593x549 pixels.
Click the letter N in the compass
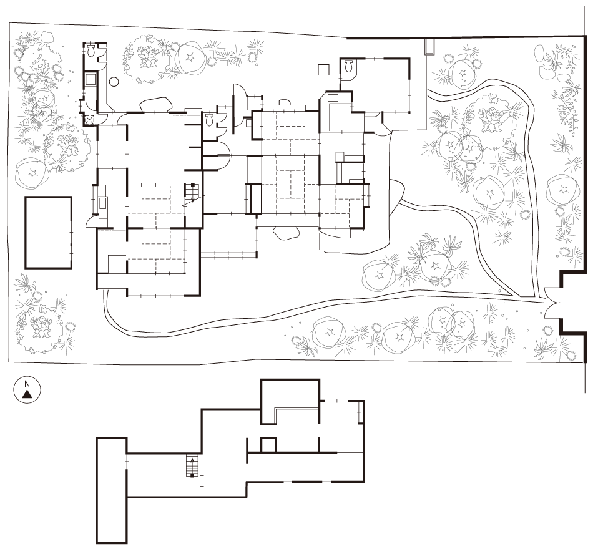click(x=27, y=384)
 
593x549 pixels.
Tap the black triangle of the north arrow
click(x=27, y=394)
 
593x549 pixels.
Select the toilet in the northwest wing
click(x=91, y=50)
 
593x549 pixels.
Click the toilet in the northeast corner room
click(x=349, y=67)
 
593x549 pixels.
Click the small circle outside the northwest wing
click(x=114, y=81)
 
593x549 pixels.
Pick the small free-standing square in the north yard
click(x=323, y=70)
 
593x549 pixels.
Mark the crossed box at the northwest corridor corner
click(x=90, y=120)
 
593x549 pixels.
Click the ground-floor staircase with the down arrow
click(x=191, y=193)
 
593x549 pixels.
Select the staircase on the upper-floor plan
click(x=192, y=465)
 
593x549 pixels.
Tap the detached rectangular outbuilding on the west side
click(x=49, y=232)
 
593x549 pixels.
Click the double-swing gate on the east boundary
click(x=551, y=302)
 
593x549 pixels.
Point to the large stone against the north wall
click(x=155, y=105)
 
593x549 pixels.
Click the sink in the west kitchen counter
click(x=103, y=203)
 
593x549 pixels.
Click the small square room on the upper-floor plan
click(x=268, y=444)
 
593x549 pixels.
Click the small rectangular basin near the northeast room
click(x=333, y=97)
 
